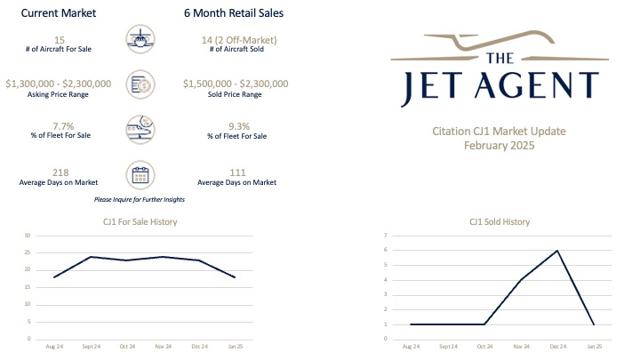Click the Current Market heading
pyautogui.click(x=58, y=14)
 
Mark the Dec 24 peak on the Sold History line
pyautogui.click(x=556, y=251)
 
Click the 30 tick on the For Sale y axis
pyautogui.click(x=28, y=236)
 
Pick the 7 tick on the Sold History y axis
pyautogui.click(x=386, y=236)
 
